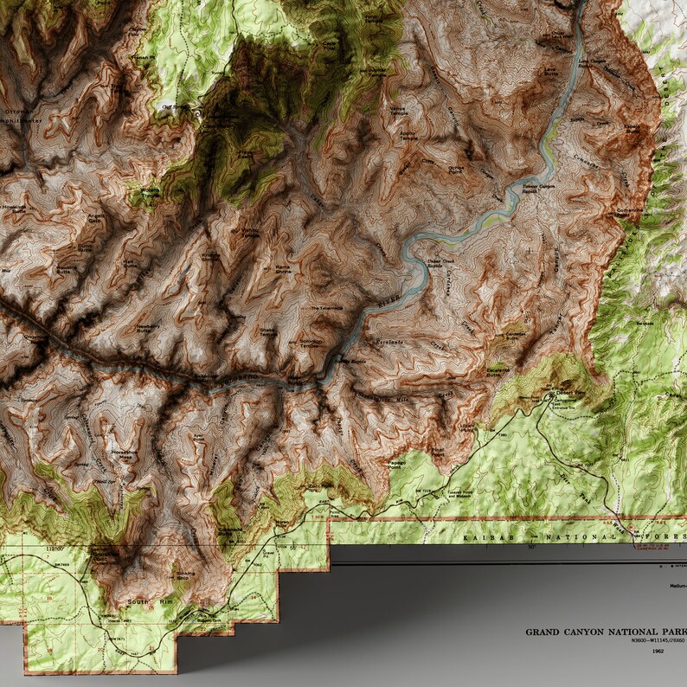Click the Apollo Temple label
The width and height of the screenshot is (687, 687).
408,136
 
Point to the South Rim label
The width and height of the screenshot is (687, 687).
139,601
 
